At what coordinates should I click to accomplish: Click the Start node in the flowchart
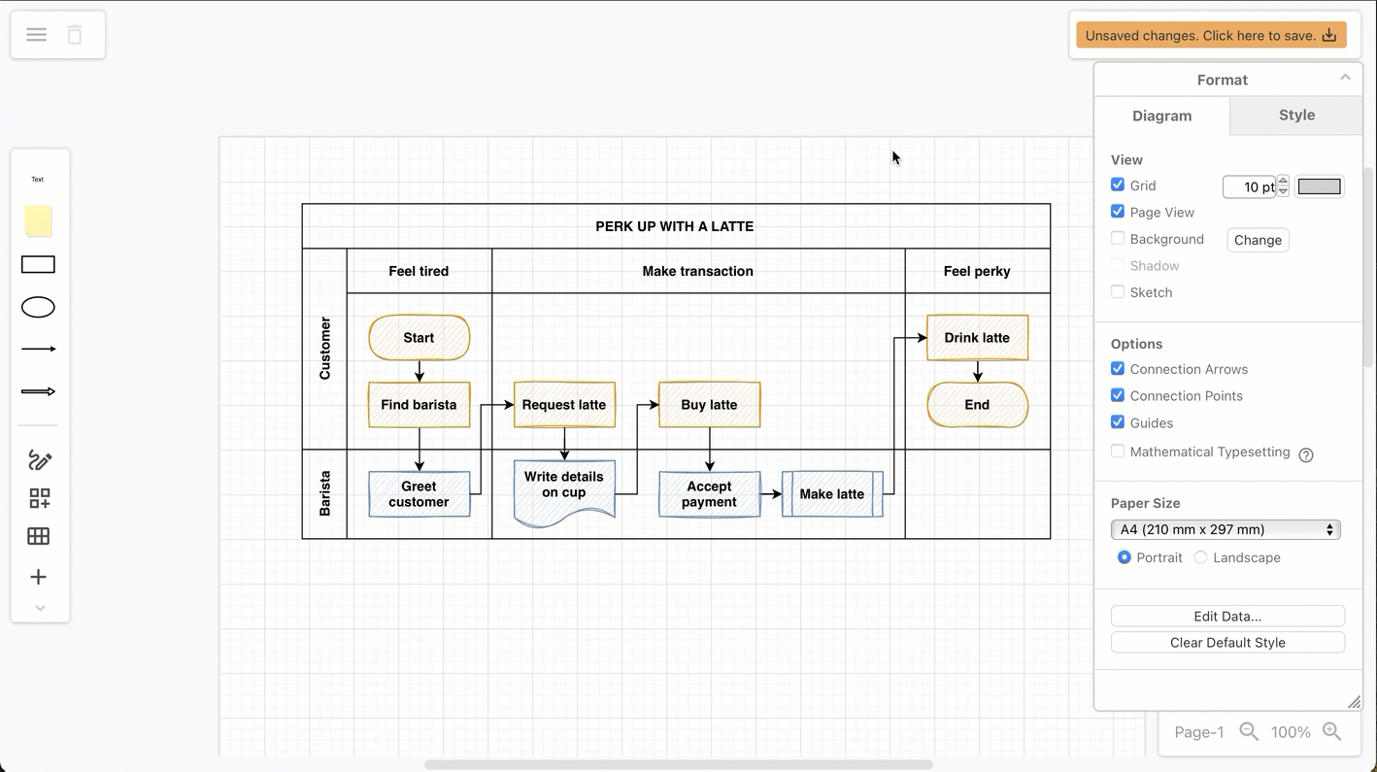click(x=419, y=338)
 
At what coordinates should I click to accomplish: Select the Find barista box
click(x=419, y=405)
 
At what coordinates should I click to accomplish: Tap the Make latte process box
click(x=832, y=494)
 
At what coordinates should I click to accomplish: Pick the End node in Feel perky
click(x=977, y=405)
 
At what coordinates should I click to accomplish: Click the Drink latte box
click(x=977, y=338)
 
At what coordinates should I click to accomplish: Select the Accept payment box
click(x=709, y=494)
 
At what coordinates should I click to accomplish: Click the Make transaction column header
click(x=697, y=271)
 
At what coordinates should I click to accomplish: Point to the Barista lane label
click(x=324, y=493)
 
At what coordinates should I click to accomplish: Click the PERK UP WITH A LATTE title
click(x=675, y=226)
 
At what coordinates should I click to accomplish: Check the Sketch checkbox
click(x=1118, y=291)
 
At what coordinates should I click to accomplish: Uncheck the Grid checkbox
click(x=1118, y=185)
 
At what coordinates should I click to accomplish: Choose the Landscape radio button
click(x=1201, y=557)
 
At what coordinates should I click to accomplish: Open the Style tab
click(x=1296, y=116)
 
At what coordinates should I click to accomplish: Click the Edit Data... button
click(x=1227, y=617)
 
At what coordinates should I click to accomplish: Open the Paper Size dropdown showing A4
click(x=1226, y=529)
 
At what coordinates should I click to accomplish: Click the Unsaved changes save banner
click(x=1210, y=36)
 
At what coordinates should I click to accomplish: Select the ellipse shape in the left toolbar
click(x=38, y=308)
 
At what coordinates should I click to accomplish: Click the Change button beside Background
click(x=1258, y=240)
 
